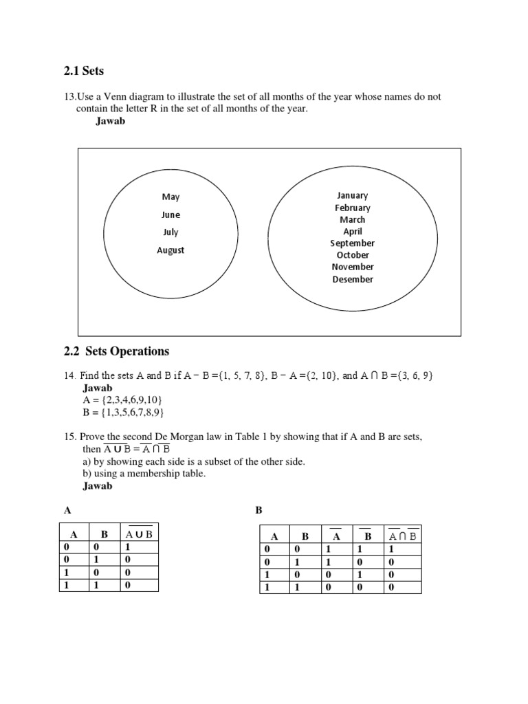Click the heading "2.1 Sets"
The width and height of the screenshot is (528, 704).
click(x=83, y=71)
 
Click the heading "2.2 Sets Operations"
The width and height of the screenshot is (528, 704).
click(x=116, y=351)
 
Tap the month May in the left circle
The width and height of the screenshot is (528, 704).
click(x=170, y=197)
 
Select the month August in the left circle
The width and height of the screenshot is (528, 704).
click(x=170, y=250)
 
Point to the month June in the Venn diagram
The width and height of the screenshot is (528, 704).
click(x=170, y=214)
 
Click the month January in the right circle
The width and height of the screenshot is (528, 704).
click(x=353, y=195)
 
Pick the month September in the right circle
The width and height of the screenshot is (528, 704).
click(x=353, y=243)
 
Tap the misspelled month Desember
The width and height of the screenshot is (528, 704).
click(x=353, y=279)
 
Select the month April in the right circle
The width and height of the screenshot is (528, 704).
click(x=353, y=232)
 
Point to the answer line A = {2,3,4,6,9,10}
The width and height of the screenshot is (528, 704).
click(x=122, y=400)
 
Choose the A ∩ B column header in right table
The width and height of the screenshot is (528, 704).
click(x=404, y=536)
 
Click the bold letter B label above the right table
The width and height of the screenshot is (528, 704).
click(x=258, y=511)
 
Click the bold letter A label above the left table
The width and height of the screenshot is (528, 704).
click(x=67, y=511)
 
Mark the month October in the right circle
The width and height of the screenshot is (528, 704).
click(x=353, y=255)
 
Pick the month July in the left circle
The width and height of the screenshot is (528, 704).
click(x=170, y=232)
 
